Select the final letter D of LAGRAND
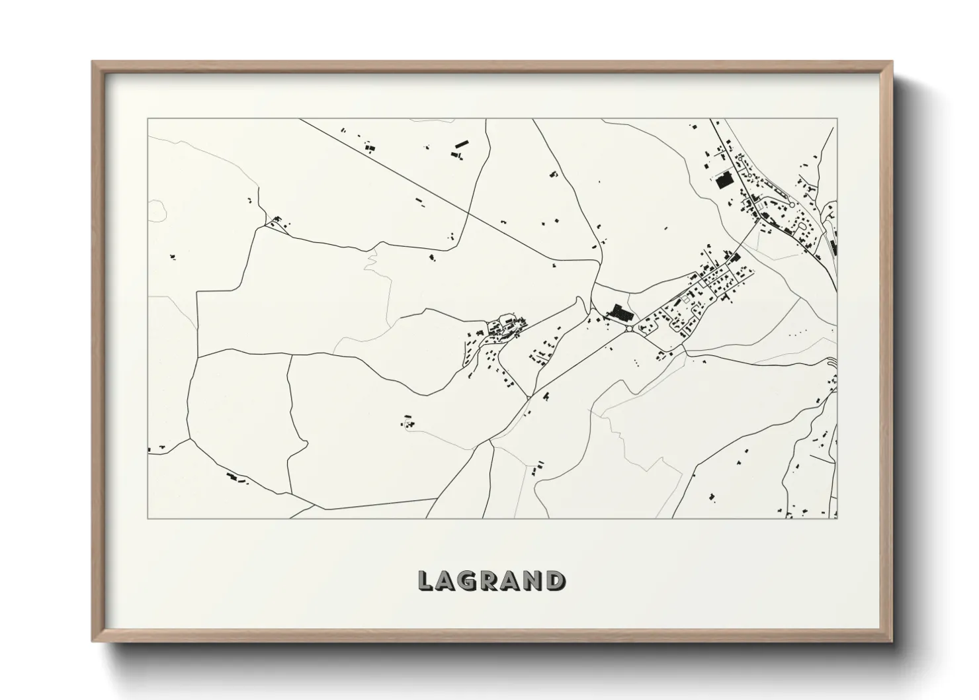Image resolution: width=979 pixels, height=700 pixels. (x=556, y=580)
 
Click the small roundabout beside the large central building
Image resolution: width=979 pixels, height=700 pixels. (x=628, y=327)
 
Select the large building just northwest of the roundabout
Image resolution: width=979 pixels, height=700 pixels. (x=618, y=312)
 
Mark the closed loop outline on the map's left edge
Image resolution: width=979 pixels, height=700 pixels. (x=157, y=210)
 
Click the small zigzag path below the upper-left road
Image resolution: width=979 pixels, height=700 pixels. (x=370, y=263)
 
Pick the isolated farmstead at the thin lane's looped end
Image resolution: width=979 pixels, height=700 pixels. (x=407, y=421)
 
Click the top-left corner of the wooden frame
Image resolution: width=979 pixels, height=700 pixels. (x=93, y=62)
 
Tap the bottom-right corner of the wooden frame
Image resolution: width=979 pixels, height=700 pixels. (x=892, y=642)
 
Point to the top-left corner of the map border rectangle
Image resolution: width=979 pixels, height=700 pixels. (x=148, y=119)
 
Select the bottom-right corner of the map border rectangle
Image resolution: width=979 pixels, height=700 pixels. (x=837, y=518)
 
